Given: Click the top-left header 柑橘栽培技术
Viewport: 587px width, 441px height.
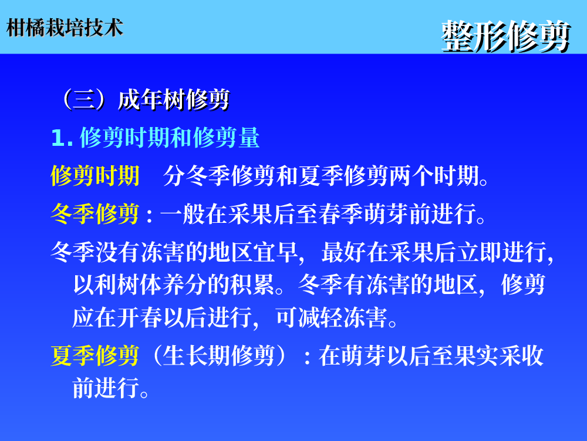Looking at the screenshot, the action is (65, 28).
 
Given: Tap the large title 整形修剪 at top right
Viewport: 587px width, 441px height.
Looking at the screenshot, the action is (506, 36).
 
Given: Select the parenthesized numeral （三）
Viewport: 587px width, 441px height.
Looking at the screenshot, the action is (84, 100).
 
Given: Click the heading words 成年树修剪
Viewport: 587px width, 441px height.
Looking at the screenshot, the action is (174, 100).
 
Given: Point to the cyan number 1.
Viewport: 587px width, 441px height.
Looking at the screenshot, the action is (62, 138).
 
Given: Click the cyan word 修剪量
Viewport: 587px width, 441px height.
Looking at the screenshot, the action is (226, 138).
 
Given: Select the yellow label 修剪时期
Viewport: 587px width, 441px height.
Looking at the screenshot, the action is (95, 175).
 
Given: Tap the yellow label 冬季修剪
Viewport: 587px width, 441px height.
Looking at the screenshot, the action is (95, 214).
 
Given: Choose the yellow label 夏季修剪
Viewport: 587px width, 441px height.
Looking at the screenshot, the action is (95, 356).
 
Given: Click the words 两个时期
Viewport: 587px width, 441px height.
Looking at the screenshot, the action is (434, 175).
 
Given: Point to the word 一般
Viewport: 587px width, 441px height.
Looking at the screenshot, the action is (183, 214).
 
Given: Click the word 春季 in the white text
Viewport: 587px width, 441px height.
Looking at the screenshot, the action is (340, 214).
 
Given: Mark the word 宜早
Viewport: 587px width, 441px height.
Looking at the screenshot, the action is (275, 252).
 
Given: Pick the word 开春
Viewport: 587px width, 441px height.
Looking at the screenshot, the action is (140, 318).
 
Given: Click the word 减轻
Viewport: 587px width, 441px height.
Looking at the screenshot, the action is (321, 318).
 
